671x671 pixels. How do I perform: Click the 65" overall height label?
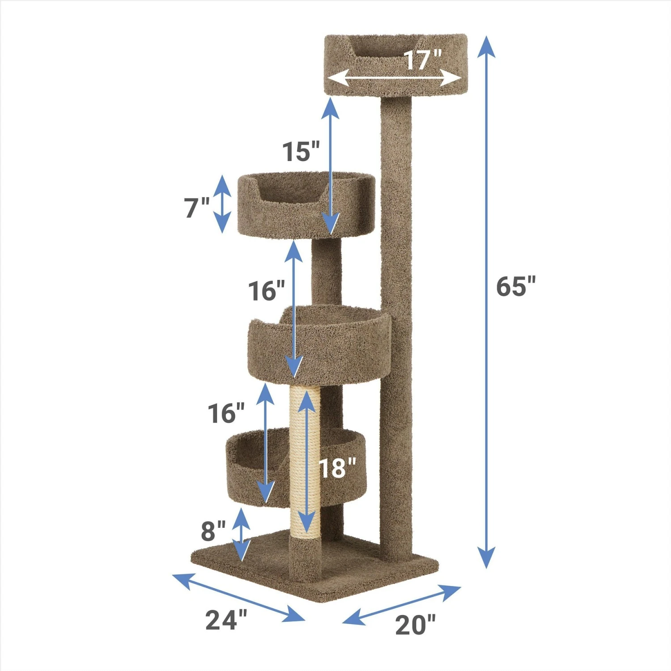(x=515, y=286)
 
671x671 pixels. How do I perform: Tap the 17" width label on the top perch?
(x=423, y=59)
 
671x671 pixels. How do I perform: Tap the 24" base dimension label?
(x=226, y=620)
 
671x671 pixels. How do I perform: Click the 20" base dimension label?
(x=415, y=624)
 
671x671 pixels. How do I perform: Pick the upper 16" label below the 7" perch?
(x=266, y=291)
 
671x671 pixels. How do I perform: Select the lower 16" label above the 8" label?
(x=226, y=413)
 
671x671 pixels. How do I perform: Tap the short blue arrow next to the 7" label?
(x=222, y=204)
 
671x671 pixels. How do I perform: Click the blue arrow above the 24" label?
(x=238, y=597)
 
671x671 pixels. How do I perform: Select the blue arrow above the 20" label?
(x=401, y=604)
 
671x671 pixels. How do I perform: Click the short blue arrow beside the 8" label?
(x=242, y=535)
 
